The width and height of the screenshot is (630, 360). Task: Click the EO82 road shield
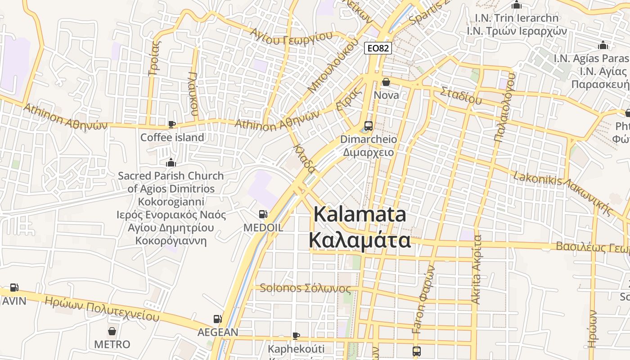pos(378,48)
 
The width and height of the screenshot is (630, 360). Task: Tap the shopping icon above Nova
pos(386,82)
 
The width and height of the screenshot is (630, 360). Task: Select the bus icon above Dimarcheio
pos(368,126)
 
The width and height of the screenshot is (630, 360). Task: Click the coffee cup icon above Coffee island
pos(171,124)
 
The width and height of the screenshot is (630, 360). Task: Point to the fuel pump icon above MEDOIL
pos(263,215)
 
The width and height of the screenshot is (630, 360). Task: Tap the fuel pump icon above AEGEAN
pos(217,319)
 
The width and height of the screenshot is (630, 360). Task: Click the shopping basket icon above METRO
pos(112,332)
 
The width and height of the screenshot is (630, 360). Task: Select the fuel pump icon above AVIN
pos(14,288)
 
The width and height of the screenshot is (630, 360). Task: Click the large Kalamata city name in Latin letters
pos(360,214)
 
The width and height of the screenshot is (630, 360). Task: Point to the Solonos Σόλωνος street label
pos(305,288)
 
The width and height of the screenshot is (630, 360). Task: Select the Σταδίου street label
pos(461,95)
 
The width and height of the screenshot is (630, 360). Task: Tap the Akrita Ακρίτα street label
pos(477,270)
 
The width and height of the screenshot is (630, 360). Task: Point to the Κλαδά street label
pos(304,158)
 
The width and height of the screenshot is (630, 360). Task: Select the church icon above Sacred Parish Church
pos(171,163)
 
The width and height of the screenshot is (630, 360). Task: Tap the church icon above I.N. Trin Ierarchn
pos(516,5)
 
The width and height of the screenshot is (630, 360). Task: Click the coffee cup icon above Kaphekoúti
pos(296,336)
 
